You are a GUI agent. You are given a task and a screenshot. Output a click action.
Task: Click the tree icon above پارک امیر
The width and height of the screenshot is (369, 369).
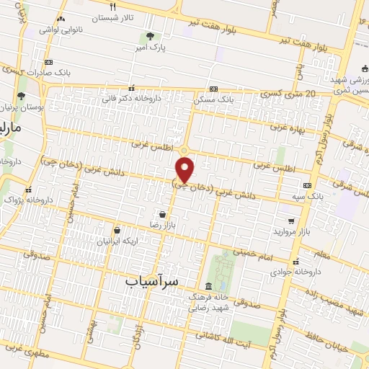point(150,36)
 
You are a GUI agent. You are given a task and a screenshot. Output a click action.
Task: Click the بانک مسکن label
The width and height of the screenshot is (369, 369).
point(215,99)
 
